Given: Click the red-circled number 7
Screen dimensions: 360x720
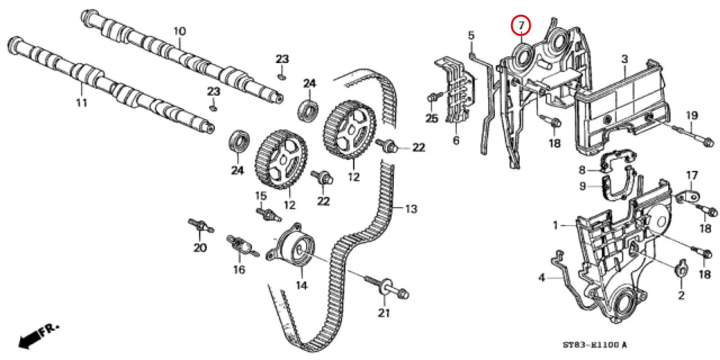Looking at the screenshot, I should (x=521, y=26).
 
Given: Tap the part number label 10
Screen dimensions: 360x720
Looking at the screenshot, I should (x=179, y=31).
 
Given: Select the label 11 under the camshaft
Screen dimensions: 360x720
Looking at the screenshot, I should (x=81, y=103).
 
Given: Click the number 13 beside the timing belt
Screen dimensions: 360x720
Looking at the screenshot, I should (x=410, y=209).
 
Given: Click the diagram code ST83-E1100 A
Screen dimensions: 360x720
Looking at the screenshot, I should (x=594, y=345).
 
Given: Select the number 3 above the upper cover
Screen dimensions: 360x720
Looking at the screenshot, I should (x=625, y=59).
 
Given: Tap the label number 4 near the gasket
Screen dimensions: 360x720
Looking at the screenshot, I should (x=541, y=278).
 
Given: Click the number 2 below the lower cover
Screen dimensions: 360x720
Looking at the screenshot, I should (x=681, y=295).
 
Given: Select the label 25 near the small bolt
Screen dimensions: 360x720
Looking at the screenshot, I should (x=431, y=118).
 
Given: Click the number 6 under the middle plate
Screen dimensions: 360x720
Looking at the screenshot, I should (x=456, y=140).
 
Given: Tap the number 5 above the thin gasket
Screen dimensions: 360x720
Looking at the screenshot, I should (x=471, y=35).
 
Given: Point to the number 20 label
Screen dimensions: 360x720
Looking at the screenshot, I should (x=200, y=247).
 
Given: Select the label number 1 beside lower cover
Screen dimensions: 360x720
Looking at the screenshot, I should (x=555, y=225).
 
